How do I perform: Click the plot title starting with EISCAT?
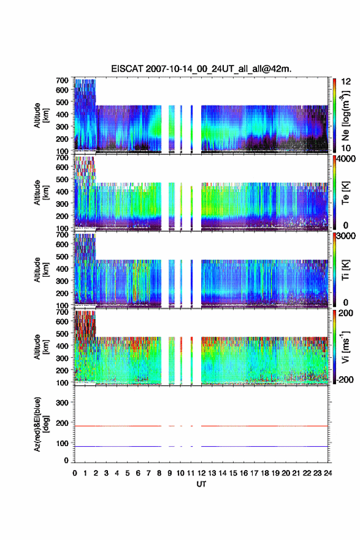pyautogui.click(x=201, y=69)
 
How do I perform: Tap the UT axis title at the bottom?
pyautogui.click(x=201, y=484)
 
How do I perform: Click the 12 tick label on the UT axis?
pyautogui.click(x=201, y=473)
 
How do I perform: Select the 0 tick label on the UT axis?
pyautogui.click(x=75, y=473)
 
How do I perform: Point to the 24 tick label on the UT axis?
pyautogui.click(x=327, y=473)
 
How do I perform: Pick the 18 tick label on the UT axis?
pyautogui.click(x=265, y=473)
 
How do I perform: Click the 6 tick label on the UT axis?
pyautogui.click(x=138, y=473)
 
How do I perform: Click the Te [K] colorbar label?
pyautogui.click(x=345, y=193)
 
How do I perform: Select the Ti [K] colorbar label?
pyautogui.click(x=345, y=270)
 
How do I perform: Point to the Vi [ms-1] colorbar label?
pyautogui.click(x=345, y=347)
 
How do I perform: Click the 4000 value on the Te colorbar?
pyautogui.click(x=345, y=160)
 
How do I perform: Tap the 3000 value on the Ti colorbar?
pyautogui.click(x=345, y=237)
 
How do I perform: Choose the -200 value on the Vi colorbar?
pyautogui.click(x=345, y=380)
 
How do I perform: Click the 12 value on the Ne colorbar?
pyautogui.click(x=346, y=81)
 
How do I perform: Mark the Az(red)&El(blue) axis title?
pyautogui.click(x=40, y=424)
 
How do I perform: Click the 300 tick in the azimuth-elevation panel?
pyautogui.click(x=62, y=403)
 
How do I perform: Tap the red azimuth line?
pyautogui.click(x=201, y=426)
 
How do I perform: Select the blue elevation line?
pyautogui.click(x=201, y=446)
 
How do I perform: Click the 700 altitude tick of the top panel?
pyautogui.click(x=62, y=80)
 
